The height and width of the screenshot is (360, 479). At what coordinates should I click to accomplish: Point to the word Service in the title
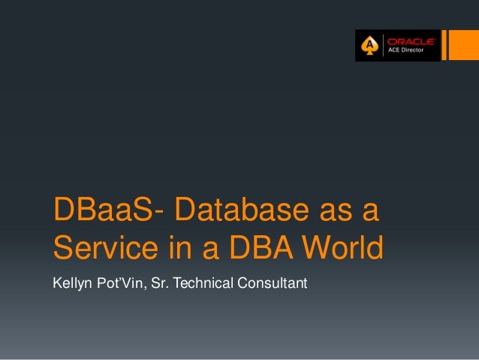point(98,247)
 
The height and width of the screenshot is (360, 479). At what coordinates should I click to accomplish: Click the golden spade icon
point(369,46)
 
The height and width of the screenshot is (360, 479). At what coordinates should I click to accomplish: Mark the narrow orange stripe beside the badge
point(444,45)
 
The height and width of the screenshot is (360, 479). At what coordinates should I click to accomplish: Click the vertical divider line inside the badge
point(383,46)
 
